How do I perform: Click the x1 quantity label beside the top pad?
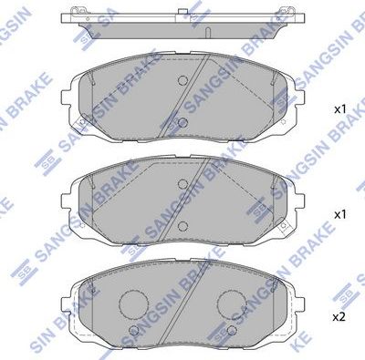340,109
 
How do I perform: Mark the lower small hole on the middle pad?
182,224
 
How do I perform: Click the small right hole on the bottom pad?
230,330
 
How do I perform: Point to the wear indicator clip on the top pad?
83,125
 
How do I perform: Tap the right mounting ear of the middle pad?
299,201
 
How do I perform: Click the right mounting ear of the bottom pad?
299,305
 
